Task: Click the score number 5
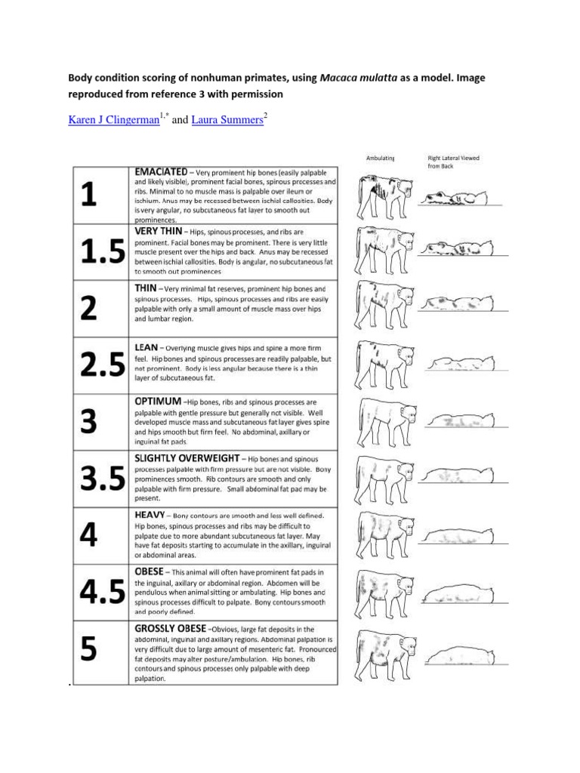coord(88,650)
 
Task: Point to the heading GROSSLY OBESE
coord(171,628)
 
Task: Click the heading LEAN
coord(146,344)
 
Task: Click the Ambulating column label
coord(379,158)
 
